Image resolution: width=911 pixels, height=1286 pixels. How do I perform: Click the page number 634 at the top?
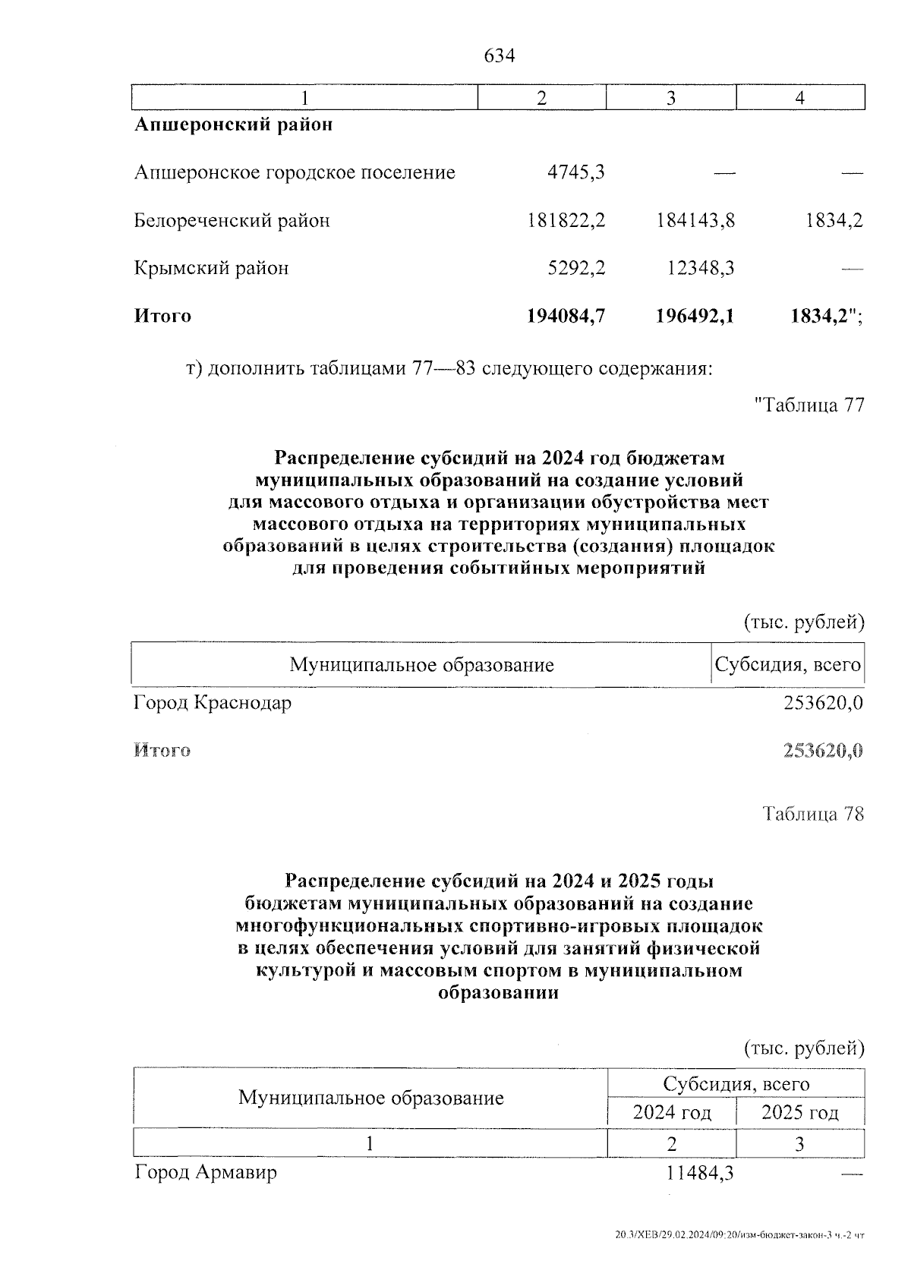coord(499,56)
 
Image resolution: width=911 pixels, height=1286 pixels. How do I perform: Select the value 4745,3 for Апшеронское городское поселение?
coord(576,173)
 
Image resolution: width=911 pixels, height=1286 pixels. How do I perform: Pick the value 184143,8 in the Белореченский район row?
coord(695,221)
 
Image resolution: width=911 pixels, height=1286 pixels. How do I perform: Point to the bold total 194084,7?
coord(566,316)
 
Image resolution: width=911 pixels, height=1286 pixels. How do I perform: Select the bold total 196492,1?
coord(695,316)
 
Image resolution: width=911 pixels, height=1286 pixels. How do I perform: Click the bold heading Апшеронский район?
coord(233,125)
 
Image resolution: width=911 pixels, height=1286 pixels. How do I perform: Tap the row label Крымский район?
coord(211,268)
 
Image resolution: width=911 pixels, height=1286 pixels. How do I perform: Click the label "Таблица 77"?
coord(809,405)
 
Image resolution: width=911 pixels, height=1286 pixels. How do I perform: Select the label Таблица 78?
coord(813,815)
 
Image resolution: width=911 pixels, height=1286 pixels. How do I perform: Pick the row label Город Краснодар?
coord(213,703)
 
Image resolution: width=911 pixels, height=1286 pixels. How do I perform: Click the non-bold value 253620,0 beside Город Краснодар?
coord(823,703)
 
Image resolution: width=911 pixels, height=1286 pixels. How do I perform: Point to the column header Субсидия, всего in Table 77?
coord(789,666)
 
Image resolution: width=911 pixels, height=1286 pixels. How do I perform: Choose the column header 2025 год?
coord(799,1113)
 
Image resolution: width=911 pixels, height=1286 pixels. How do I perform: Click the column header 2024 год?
coord(672,1113)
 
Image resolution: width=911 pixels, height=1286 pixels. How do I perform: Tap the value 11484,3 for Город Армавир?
coord(699,1173)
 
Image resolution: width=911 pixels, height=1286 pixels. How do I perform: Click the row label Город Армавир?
coord(206,1172)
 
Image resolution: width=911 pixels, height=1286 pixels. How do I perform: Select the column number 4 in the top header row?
coord(799,98)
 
